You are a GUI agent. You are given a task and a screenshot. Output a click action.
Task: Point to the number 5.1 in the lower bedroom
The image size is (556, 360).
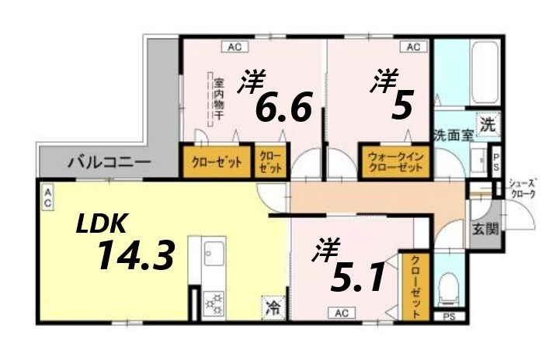[357, 277]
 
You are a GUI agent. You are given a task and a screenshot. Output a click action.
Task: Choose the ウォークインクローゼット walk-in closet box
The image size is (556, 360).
[394, 161]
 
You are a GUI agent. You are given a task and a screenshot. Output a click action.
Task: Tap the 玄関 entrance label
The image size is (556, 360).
[488, 230]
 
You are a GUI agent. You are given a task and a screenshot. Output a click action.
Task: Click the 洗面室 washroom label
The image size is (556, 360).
[453, 134]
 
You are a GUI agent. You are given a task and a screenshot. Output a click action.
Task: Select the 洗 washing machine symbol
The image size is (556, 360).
[487, 123]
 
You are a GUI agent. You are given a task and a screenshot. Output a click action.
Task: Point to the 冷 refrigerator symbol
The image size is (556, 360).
[273, 307]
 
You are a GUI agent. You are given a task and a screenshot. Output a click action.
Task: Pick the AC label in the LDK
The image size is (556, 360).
[47, 197]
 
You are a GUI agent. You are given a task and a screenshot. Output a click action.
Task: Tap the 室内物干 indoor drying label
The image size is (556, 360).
[219, 99]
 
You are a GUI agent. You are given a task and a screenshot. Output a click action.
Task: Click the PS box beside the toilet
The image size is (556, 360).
[448, 317]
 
